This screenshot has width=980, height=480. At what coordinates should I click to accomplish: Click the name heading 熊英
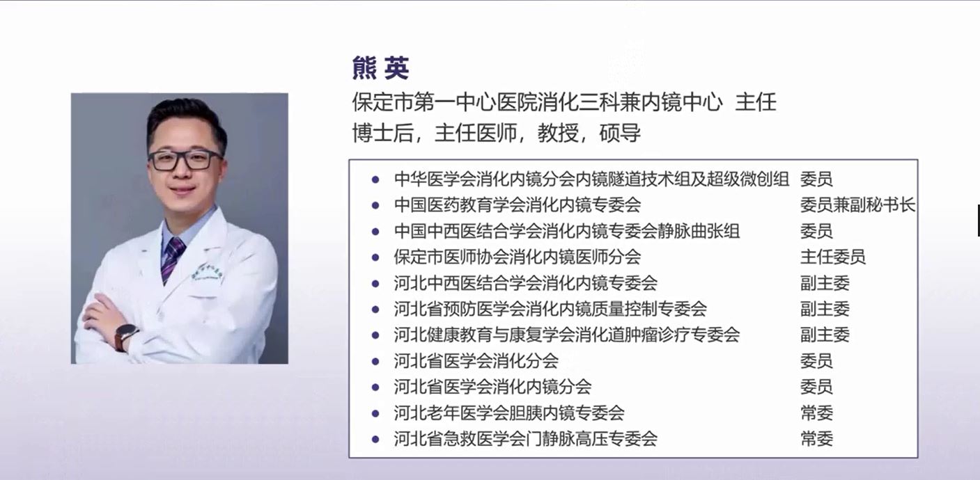(x=380, y=69)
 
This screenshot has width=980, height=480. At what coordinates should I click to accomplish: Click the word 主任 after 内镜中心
(x=756, y=102)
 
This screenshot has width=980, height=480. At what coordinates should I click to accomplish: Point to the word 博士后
(x=383, y=133)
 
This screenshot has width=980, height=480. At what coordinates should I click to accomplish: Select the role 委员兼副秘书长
(x=857, y=205)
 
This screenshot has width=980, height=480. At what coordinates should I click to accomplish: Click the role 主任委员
(x=833, y=257)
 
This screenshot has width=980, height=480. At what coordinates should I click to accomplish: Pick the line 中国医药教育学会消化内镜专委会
(x=517, y=205)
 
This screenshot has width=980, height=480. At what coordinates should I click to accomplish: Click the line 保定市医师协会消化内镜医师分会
(x=517, y=257)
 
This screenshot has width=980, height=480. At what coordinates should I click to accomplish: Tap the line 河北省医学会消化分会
(x=476, y=361)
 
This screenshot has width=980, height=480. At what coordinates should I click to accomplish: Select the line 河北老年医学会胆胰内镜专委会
(x=509, y=413)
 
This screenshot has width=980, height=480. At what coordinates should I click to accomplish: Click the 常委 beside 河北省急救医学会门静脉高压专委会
(x=816, y=438)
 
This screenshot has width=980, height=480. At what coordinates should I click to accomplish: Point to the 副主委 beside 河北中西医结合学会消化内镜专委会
(x=825, y=283)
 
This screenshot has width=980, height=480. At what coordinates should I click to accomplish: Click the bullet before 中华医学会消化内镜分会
(x=375, y=179)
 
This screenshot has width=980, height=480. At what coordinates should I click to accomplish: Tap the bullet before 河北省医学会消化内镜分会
(x=375, y=387)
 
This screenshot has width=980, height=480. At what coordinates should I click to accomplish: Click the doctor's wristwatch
(x=126, y=335)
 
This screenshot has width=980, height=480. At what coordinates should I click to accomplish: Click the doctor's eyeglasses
(x=185, y=160)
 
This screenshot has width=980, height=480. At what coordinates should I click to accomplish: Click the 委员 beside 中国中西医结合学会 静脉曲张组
(x=816, y=231)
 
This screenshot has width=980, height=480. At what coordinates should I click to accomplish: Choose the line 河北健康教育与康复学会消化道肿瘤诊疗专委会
(x=566, y=335)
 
